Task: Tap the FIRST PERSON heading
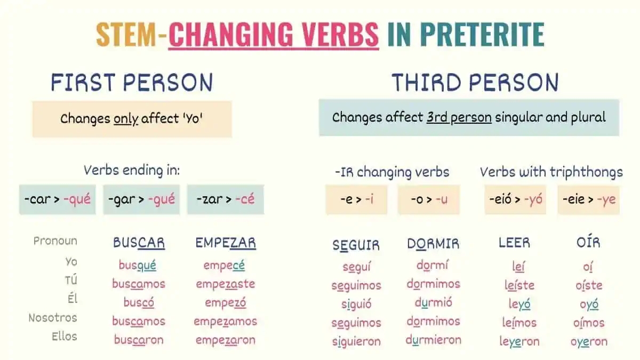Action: click(132, 83)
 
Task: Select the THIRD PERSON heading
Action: click(475, 83)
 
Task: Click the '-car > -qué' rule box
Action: click(58, 200)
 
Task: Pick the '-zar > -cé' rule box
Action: click(225, 200)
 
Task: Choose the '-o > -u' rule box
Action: click(428, 200)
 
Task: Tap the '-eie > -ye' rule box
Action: click(588, 200)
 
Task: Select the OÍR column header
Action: click(588, 243)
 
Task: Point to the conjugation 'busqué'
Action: click(138, 265)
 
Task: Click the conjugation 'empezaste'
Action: click(225, 284)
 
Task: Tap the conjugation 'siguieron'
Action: click(356, 341)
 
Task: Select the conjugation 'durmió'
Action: click(433, 303)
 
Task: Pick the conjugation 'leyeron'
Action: click(519, 341)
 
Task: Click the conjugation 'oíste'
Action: click(588, 285)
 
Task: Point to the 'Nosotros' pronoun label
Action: click(53, 318)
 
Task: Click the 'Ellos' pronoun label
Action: click(64, 337)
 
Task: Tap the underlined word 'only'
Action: click(126, 118)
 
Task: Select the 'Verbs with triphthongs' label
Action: click(551, 172)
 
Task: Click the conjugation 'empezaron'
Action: click(225, 340)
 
